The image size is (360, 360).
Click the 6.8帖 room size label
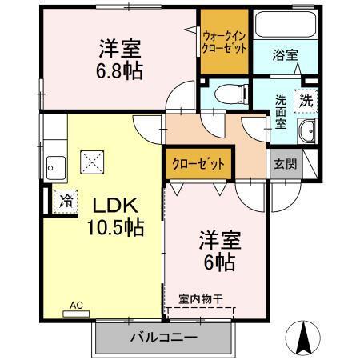121,71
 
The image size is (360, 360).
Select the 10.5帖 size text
115,227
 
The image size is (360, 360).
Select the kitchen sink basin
56,167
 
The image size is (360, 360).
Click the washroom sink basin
306,133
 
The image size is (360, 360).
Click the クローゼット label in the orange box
198,164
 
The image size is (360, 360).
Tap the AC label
76,305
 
